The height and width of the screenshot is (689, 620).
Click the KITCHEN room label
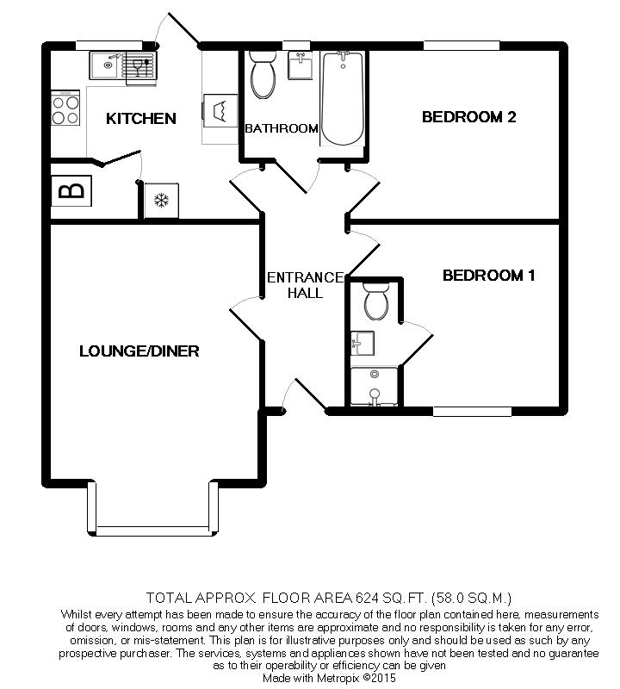click(141, 118)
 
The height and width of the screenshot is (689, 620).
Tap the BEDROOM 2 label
click(468, 117)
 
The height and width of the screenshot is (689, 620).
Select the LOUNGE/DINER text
click(139, 351)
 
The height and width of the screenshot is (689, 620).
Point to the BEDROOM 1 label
click(488, 276)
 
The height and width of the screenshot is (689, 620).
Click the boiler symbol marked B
click(71, 190)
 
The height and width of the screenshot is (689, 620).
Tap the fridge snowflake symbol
click(161, 201)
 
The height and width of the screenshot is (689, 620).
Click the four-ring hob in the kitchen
click(65, 109)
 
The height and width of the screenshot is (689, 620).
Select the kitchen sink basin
click(104, 65)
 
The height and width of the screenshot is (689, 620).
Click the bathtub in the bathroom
click(343, 98)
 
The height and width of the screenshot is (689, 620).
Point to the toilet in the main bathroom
click(263, 74)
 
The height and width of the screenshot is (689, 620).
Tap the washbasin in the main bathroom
click(301, 65)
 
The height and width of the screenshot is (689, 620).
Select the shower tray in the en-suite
click(374, 386)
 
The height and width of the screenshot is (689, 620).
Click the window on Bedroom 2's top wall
click(462, 46)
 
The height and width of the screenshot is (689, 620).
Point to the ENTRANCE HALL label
click(306, 285)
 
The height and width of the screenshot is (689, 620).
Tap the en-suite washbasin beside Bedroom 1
click(363, 343)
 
